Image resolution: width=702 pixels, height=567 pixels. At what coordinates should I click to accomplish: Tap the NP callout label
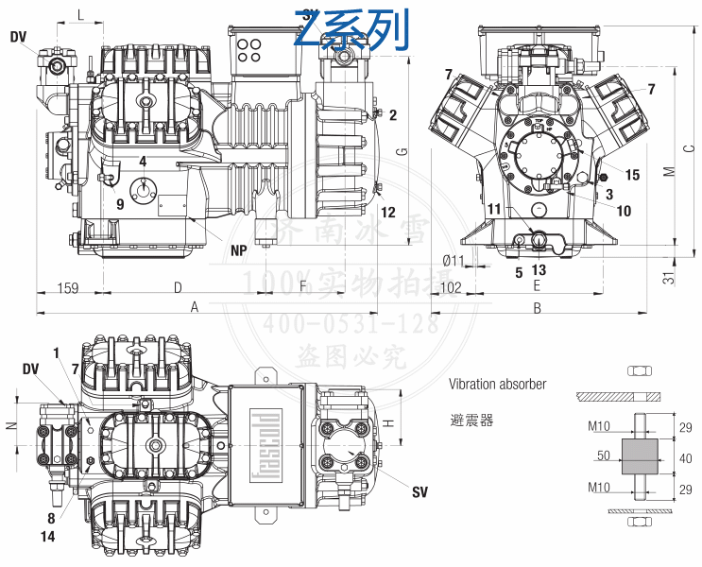pyautogui.click(x=240, y=252)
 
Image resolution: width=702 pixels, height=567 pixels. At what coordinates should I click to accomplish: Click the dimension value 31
pyautogui.click(x=668, y=278)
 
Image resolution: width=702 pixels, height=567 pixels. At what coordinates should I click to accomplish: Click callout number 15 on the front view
pyautogui.click(x=632, y=175)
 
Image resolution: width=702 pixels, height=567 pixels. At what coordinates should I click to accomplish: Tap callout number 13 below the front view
pyautogui.click(x=539, y=270)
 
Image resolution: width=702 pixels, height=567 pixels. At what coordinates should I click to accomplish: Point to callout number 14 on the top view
pyautogui.click(x=48, y=537)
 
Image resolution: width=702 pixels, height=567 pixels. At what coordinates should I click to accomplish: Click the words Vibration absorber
pyautogui.click(x=497, y=385)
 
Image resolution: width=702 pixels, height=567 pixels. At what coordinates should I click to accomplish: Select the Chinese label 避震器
pyautogui.click(x=471, y=420)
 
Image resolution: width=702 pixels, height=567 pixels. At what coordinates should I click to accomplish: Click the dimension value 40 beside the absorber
pyautogui.click(x=686, y=458)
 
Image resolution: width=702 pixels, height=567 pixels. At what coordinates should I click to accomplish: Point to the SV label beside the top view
pyautogui.click(x=420, y=492)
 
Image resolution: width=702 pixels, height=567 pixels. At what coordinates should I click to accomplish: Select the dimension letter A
pyautogui.click(x=195, y=306)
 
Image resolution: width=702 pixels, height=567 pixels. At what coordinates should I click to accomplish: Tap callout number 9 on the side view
pyautogui.click(x=120, y=204)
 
